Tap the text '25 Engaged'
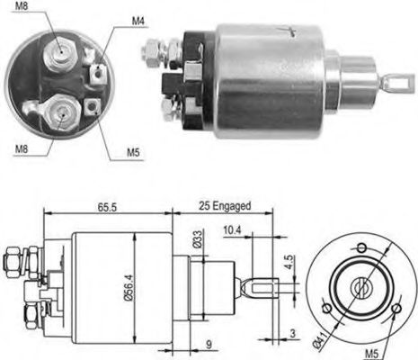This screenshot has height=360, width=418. point(220,205)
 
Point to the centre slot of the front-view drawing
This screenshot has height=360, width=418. point(360,287)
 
